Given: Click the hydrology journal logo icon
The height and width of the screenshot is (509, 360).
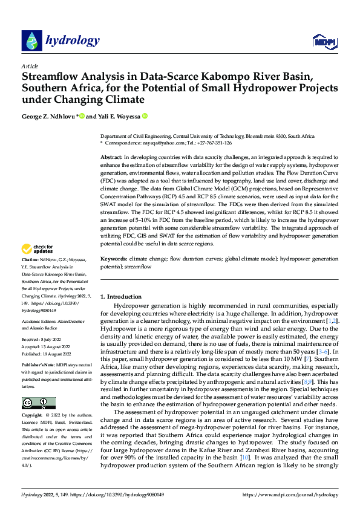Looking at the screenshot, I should click(x=31, y=40).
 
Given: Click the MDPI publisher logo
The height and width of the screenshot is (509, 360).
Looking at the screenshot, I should click(x=324, y=41).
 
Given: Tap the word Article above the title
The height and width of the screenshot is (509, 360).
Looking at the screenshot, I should click(x=30, y=66).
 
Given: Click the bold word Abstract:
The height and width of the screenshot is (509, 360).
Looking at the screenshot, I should click(x=113, y=157).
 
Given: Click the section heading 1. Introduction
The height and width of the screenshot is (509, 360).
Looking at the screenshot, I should click(x=121, y=297).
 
